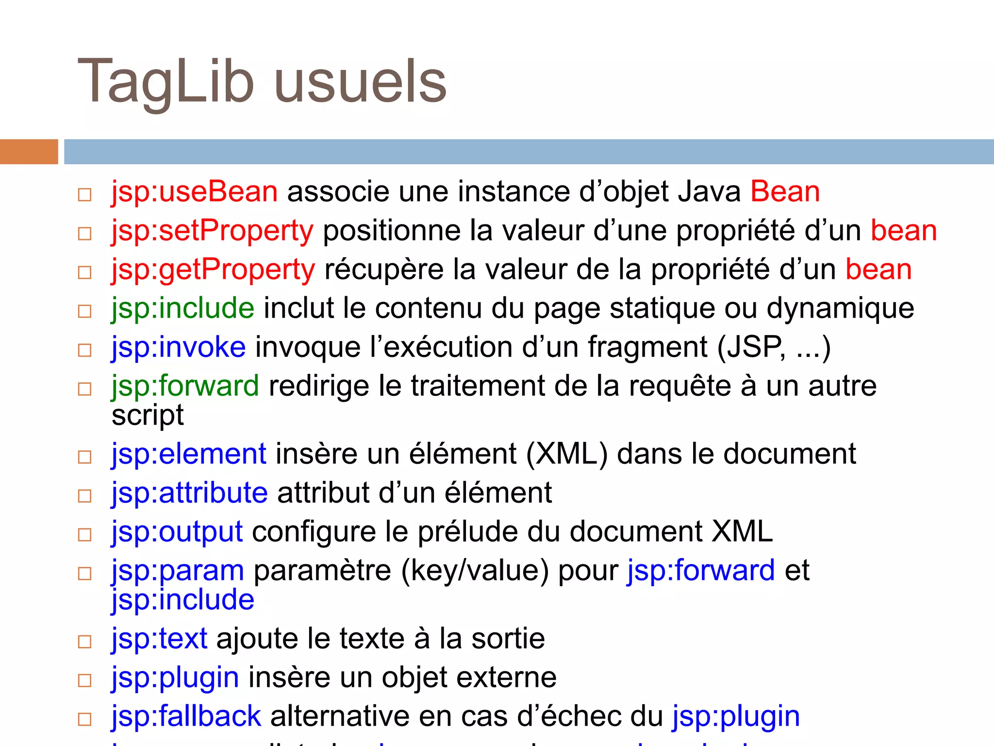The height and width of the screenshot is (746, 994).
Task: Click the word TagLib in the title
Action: coord(165,82)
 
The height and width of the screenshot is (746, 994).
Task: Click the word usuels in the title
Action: coord(360,82)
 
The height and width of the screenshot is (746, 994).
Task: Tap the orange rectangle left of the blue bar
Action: coord(29,152)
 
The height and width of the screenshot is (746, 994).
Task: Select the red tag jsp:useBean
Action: coord(194,192)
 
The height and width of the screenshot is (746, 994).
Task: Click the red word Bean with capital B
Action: coord(785,192)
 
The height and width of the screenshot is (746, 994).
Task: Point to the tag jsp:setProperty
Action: coord(212,231)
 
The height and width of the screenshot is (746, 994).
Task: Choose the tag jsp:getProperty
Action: coord(213,270)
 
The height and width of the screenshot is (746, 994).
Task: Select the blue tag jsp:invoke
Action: coord(178,348)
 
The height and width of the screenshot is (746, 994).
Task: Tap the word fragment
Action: coord(647,348)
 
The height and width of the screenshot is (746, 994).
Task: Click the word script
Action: coord(148,416)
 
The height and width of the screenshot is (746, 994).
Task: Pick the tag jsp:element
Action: coord(189,455)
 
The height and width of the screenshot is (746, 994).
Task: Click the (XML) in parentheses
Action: coord(566,455)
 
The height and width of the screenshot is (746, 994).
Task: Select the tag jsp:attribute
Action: coord(189,493)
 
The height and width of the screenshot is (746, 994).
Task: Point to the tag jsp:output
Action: coord(177,532)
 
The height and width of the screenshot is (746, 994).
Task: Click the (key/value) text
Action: coord(475,571)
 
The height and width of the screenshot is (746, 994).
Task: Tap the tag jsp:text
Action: coord(159,639)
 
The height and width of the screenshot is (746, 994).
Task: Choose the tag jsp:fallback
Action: coord(186,717)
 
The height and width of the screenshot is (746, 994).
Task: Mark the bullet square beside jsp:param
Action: coord(85,574)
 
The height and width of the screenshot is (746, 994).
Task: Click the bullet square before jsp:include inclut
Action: coord(85,311)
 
